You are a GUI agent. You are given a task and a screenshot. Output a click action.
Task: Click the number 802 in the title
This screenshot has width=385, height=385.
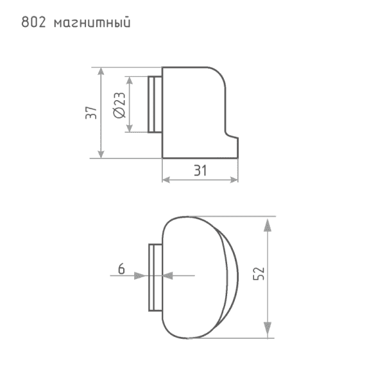pos(33,22)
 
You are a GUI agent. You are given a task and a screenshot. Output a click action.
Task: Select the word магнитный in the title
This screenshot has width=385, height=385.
pos(92,23)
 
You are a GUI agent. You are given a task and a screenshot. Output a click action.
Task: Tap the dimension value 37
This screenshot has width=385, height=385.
pos(91,113)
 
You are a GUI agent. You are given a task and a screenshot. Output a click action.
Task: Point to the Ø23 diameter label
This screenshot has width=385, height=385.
pos(119,105)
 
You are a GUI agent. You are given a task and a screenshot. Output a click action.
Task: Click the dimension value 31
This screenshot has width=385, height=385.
pos(200,170)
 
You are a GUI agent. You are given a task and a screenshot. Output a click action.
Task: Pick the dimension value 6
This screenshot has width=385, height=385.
pos(121,269)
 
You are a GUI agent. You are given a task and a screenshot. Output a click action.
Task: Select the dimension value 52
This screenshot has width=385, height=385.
pos(259,273)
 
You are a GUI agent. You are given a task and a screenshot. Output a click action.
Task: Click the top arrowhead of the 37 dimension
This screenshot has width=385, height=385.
pos(101,71)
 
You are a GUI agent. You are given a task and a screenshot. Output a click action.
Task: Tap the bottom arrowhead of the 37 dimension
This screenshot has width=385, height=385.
pos(101,154)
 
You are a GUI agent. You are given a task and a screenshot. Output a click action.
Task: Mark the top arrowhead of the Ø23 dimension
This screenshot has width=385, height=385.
pos(130,80)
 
